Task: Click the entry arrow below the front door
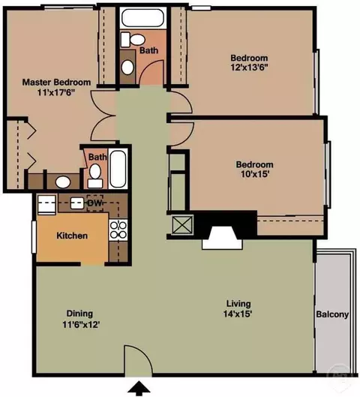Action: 139,389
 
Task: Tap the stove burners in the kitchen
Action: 118,230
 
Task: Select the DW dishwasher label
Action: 94,203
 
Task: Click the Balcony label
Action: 332,314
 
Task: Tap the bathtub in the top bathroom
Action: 142,18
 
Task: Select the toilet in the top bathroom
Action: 133,40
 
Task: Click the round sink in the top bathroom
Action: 127,68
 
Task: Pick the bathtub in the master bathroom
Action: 118,169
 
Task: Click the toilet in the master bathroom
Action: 95,176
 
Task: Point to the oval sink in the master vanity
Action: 63,182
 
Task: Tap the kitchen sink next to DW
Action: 77,203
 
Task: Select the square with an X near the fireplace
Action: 182,225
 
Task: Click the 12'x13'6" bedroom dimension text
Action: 249,68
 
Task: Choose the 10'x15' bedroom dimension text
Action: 254,174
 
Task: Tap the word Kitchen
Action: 72,236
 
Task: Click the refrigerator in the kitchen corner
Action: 46,205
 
